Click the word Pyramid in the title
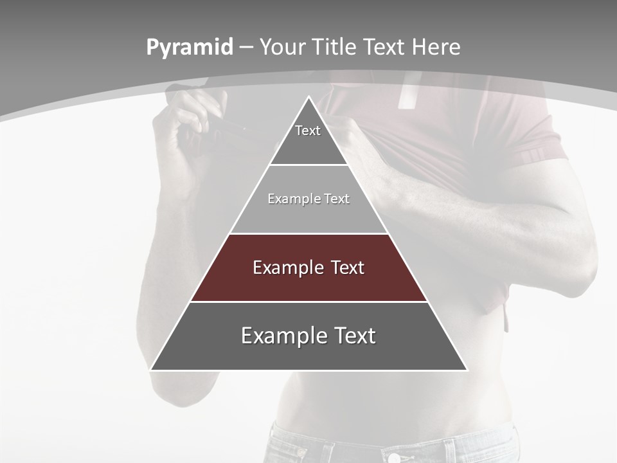pos(190,48)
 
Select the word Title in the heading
pos(334,48)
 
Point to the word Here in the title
pos(436,48)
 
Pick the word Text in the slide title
pos(386,48)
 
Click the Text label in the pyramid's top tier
pos(308,131)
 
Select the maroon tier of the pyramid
pos(308,283)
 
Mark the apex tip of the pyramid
pos(308,97)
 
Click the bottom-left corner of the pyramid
pos(152,369)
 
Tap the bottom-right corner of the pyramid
pos(466,369)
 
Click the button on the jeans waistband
pos(393,457)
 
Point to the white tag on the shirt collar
pos(406,93)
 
